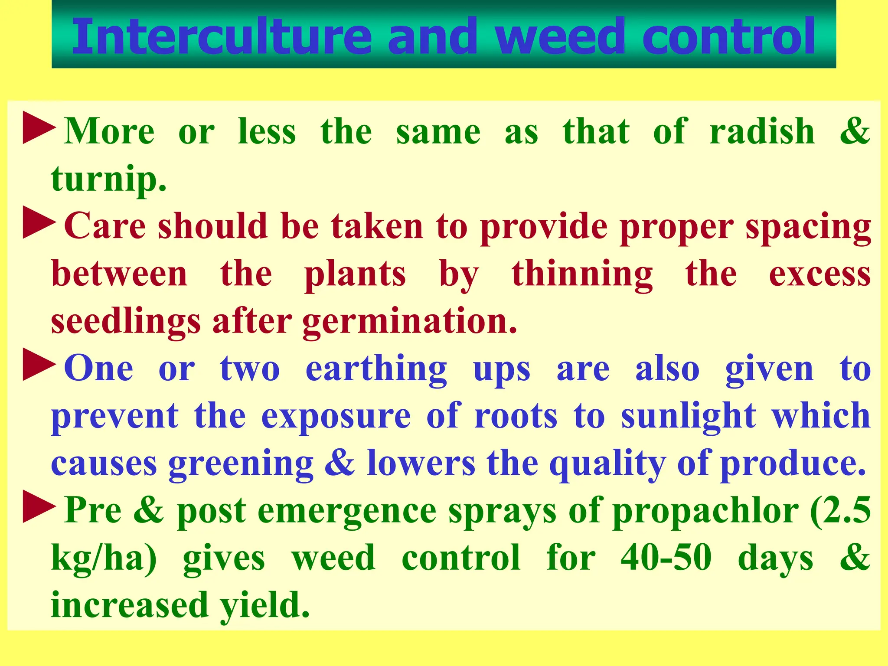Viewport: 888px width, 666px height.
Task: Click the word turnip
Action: tap(108, 179)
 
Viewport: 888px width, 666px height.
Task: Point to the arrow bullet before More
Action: tap(39, 128)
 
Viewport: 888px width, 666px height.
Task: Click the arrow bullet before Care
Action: tap(39, 223)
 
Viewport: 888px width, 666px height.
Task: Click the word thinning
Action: tap(582, 274)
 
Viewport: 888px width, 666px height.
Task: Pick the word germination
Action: tap(410, 322)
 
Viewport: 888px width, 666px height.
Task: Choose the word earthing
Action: tap(376, 369)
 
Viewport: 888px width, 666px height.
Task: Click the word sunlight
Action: tap(689, 416)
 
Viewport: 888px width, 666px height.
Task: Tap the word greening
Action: tap(241, 464)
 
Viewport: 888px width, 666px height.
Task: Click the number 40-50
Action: tap(666, 558)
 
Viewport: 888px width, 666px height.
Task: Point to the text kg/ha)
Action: tap(104, 558)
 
